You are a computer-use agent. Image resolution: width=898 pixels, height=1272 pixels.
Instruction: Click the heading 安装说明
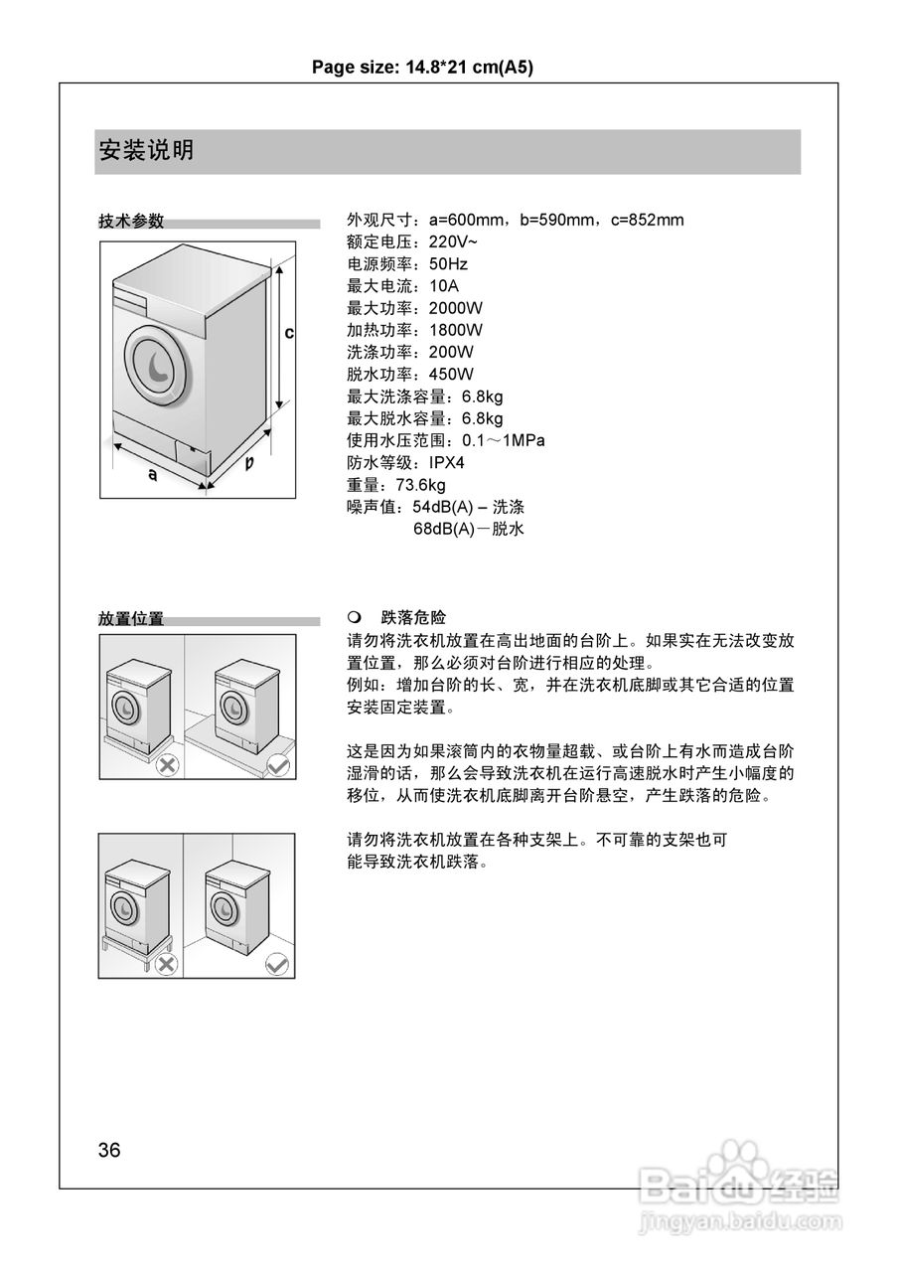coord(146,151)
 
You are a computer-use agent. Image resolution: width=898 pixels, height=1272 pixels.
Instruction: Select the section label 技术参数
coord(131,222)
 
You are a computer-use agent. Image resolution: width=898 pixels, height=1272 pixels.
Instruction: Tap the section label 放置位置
coord(131,619)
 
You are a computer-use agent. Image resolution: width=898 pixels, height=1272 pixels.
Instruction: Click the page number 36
coord(109,1151)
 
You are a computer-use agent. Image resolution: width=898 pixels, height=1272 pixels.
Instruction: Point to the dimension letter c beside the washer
coord(289,333)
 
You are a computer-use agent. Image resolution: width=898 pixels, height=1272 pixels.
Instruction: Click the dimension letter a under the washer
coord(152,475)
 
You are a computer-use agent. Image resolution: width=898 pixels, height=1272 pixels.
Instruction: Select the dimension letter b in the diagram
coord(250,463)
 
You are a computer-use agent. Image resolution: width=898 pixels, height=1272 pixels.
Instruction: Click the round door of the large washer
coord(157,365)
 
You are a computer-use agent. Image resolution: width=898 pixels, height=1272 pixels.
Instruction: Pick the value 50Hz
coord(448,264)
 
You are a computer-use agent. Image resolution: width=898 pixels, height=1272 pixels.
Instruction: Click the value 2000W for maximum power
coord(456,308)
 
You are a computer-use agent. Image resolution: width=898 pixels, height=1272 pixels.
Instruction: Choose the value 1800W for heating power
coord(456,330)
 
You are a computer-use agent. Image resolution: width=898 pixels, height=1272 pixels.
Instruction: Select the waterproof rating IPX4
coord(447,463)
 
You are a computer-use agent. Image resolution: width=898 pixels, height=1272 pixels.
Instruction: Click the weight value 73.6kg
coord(420,485)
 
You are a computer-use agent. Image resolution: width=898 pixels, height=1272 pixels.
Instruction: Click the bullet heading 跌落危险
coord(407,618)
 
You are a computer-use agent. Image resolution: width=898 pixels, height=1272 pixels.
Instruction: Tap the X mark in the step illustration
coord(167,765)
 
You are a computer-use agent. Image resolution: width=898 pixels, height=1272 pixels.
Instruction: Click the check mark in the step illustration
coord(278,765)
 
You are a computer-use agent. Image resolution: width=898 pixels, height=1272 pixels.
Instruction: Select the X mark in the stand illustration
coord(166,964)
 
